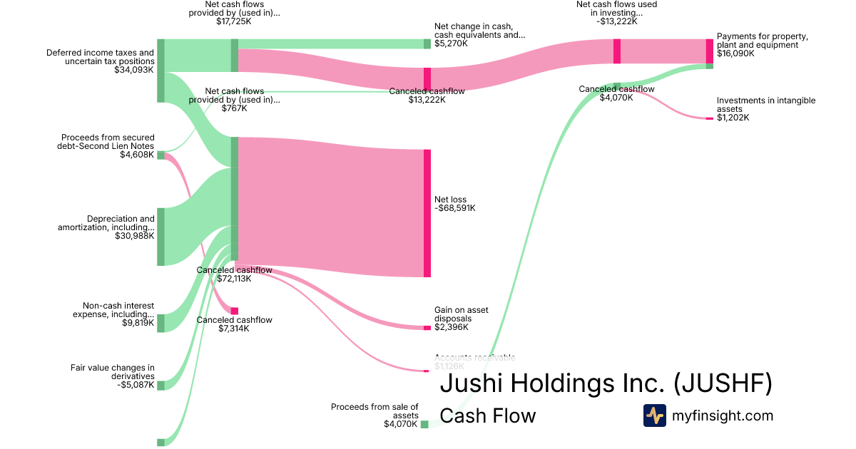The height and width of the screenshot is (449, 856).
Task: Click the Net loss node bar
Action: [427, 213]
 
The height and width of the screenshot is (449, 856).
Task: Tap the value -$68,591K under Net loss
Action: [454, 209]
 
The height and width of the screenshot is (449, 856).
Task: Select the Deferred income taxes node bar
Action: [160, 71]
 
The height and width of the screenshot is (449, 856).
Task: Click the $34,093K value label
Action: [134, 71]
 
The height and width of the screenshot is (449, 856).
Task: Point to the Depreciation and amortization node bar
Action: [160, 237]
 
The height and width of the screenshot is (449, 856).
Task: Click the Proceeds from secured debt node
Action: [160, 155]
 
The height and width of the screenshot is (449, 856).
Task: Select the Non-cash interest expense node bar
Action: [160, 323]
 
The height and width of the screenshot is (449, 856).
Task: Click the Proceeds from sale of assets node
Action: [424, 424]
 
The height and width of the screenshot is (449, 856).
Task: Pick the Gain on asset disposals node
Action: [427, 327]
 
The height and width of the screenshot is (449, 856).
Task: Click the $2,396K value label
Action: [452, 327]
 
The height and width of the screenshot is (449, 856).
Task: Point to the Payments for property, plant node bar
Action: [709, 51]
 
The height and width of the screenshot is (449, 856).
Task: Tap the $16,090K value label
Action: [735, 53]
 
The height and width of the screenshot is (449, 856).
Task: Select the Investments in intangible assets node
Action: [709, 118]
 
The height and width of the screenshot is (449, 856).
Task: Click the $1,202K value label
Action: [733, 118]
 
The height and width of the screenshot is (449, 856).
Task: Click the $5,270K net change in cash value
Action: [452, 44]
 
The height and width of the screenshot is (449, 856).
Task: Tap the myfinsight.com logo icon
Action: [654, 416]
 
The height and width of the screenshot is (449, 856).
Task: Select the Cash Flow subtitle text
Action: [487, 416]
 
